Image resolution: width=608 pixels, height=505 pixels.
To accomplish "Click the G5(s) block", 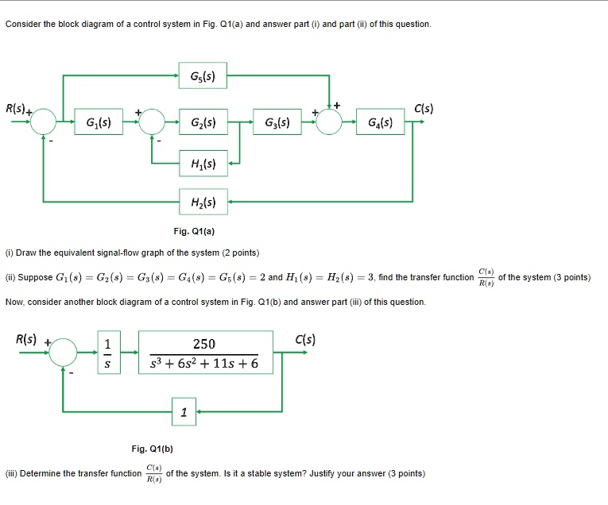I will pyautogui.click(x=203, y=76).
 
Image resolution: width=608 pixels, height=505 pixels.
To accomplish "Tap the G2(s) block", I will pyautogui.click(x=203, y=122).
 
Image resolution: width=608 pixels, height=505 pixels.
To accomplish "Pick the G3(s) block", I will pyautogui.click(x=277, y=122).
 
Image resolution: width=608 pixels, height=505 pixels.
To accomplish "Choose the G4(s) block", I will pyautogui.click(x=381, y=122).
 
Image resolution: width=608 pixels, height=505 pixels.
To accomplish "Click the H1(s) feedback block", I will pyautogui.click(x=203, y=164).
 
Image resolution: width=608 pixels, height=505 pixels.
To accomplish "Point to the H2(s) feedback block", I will pyautogui.click(x=203, y=202).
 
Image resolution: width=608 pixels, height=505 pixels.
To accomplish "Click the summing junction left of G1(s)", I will pyautogui.click(x=44, y=122).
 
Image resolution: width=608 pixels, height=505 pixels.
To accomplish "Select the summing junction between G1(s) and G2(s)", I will pyautogui.click(x=152, y=122).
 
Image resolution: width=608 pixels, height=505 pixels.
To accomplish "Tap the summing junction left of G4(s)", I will pyautogui.click(x=330, y=122).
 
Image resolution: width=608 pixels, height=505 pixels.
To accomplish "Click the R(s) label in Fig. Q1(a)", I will pyautogui.click(x=16, y=107).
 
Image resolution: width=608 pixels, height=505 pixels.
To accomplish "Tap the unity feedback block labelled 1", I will pyautogui.click(x=184, y=411).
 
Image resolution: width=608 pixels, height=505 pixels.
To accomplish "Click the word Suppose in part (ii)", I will pyautogui.click(x=37, y=277).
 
